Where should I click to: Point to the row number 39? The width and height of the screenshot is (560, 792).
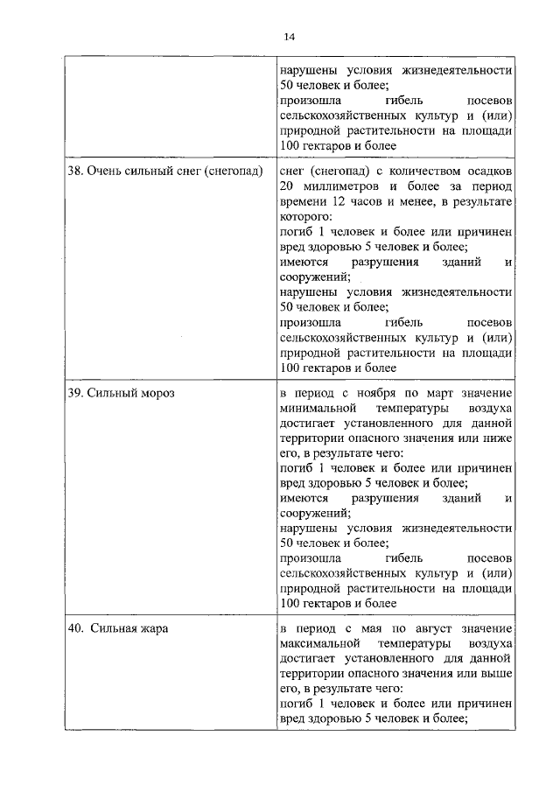tap(75, 393)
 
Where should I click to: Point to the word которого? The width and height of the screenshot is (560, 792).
tap(305, 218)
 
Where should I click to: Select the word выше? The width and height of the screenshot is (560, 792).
tap(496, 675)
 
